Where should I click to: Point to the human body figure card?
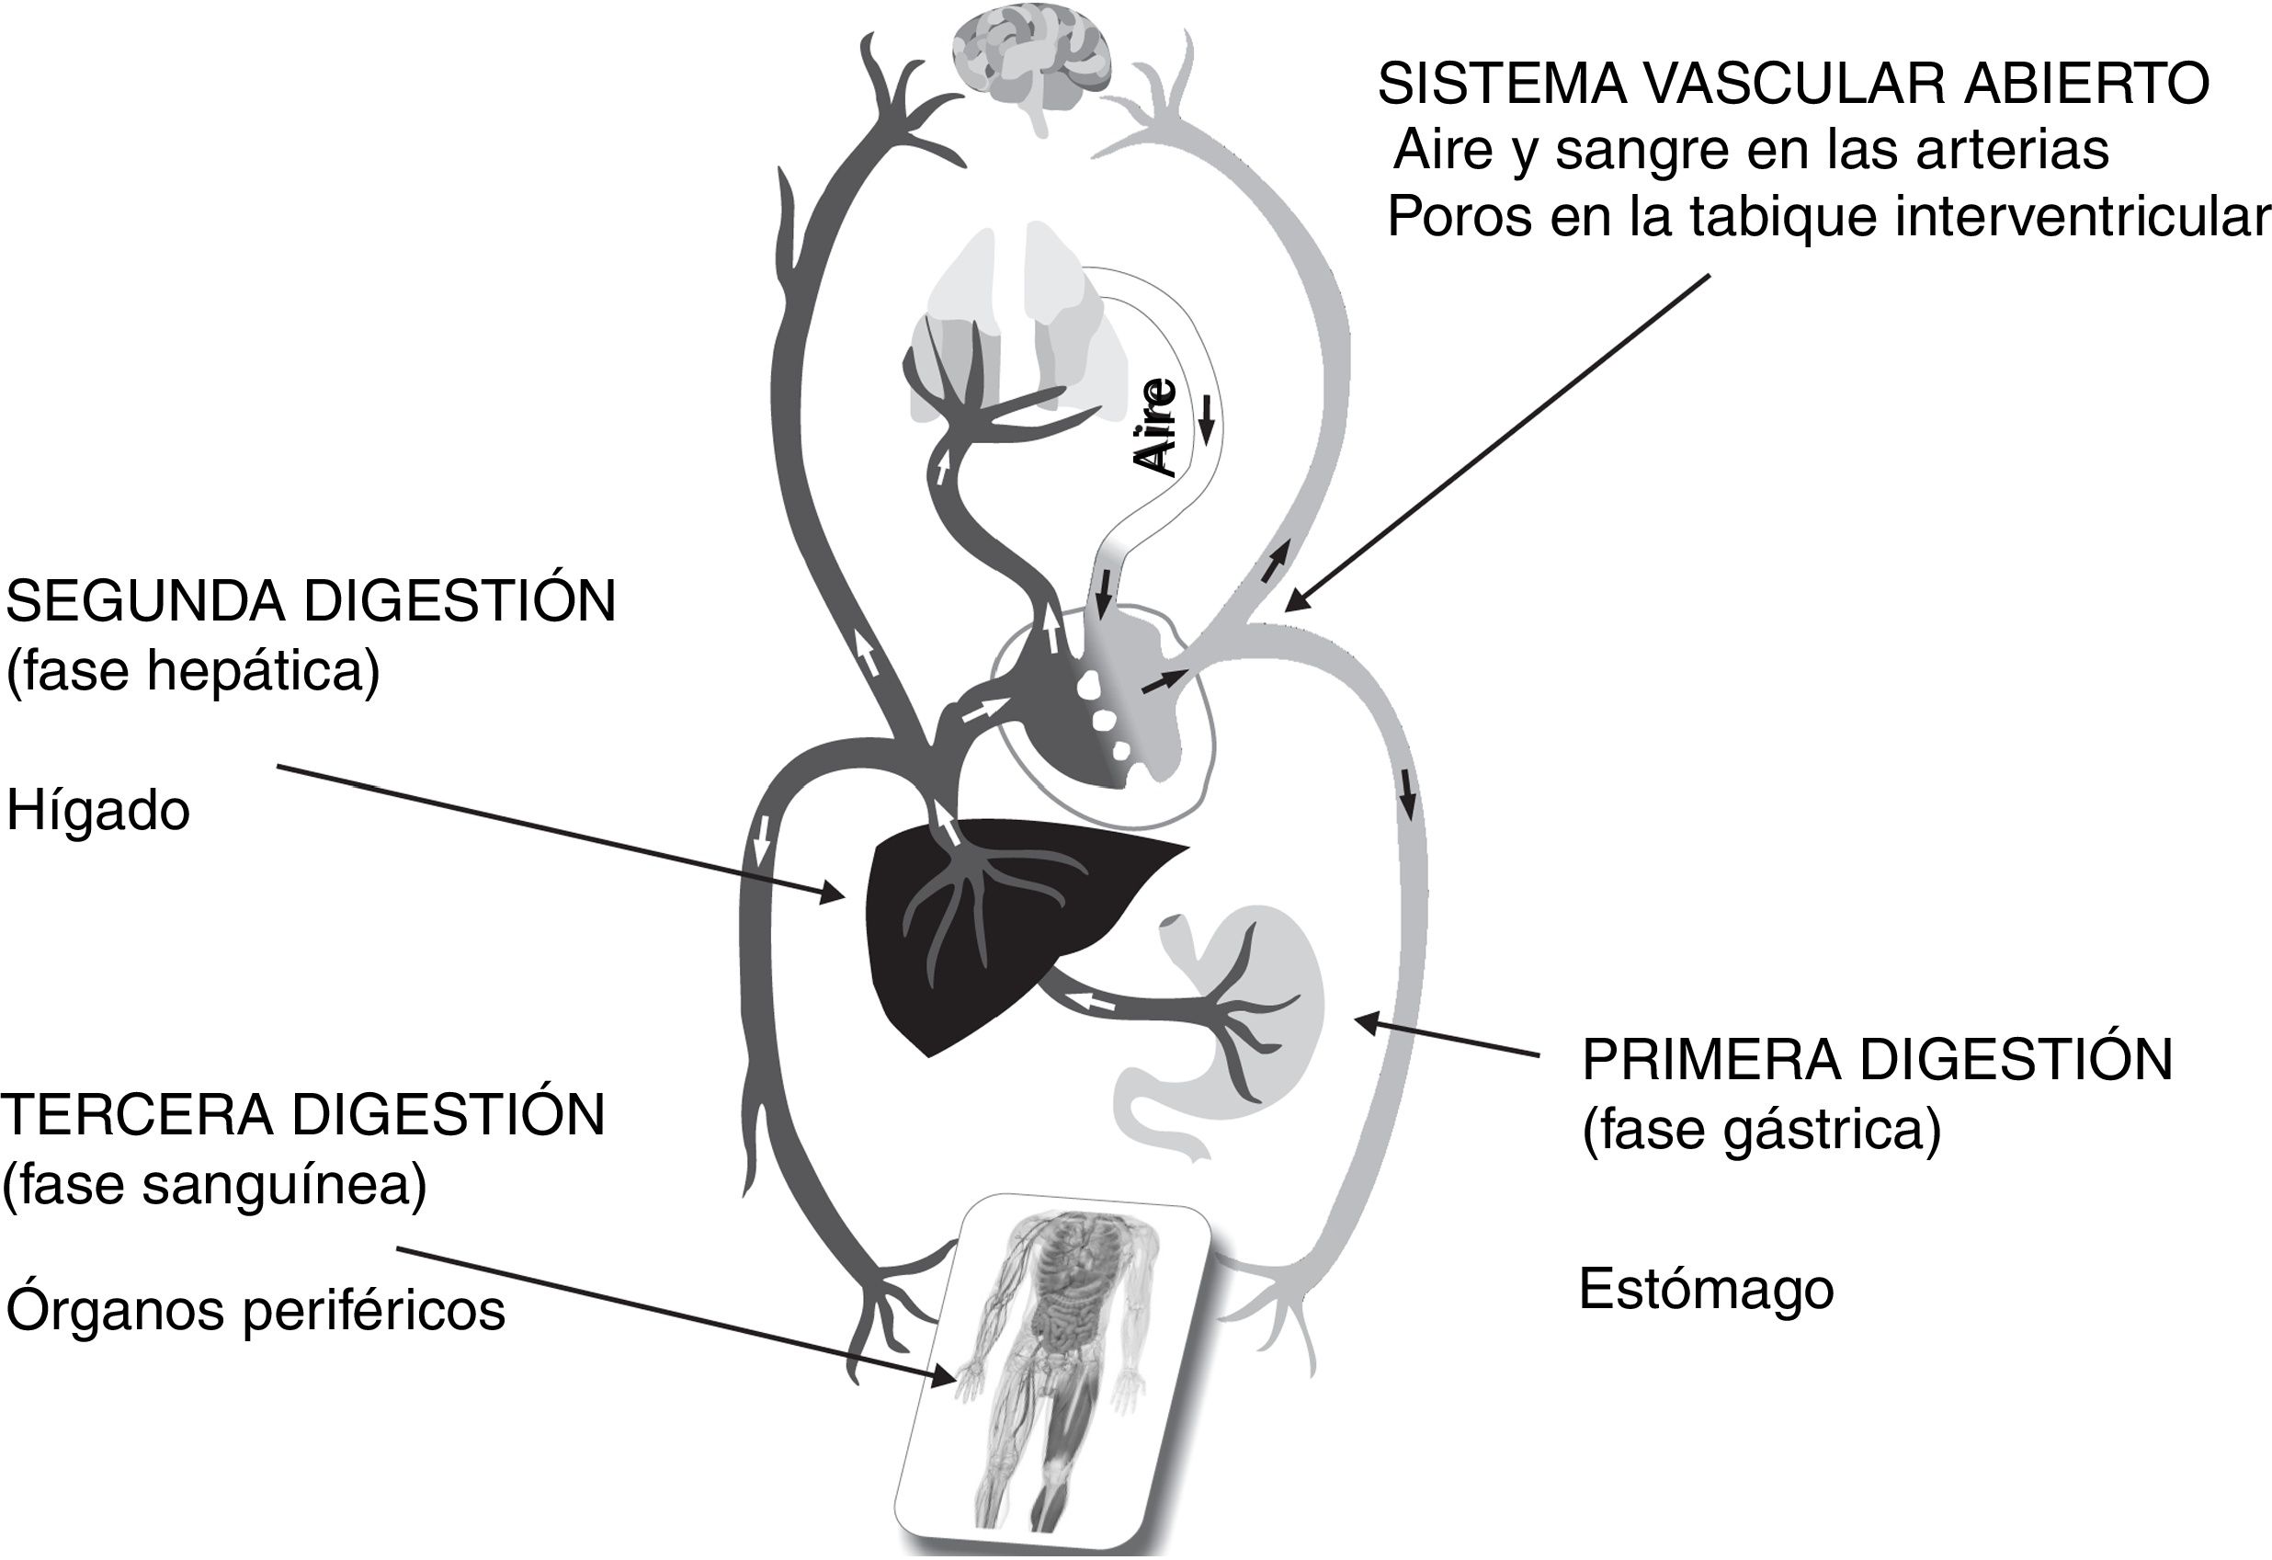(x=1056, y=1370)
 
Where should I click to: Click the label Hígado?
(x=97, y=811)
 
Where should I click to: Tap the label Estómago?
(x=1706, y=1289)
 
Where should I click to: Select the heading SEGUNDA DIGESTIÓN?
(x=311, y=600)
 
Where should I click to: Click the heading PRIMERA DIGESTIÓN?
(x=1877, y=1059)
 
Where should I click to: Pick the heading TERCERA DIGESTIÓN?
(x=303, y=1114)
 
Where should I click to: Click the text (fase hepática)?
(x=193, y=672)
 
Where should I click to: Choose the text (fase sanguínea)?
(x=215, y=1186)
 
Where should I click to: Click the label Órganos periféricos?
(x=256, y=1311)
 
